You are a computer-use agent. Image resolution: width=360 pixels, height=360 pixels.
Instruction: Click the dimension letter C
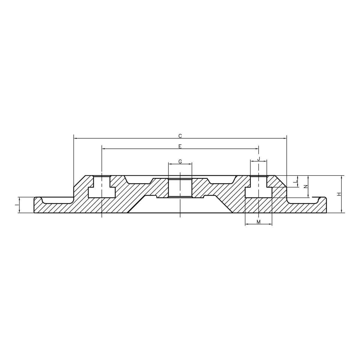(x=180, y=136)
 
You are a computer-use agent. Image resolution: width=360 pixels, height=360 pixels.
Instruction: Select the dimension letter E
(x=180, y=146)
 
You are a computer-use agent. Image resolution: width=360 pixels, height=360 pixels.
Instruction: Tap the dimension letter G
(x=180, y=162)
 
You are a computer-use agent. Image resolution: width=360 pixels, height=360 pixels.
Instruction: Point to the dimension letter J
(x=258, y=158)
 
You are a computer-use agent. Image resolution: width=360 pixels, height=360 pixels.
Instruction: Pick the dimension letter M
(x=258, y=221)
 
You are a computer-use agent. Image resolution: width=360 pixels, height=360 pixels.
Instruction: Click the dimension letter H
(x=339, y=194)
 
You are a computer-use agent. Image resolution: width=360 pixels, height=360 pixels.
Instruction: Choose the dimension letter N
(x=305, y=186)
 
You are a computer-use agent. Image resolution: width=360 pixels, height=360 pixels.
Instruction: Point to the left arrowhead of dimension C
(x=75, y=139)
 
